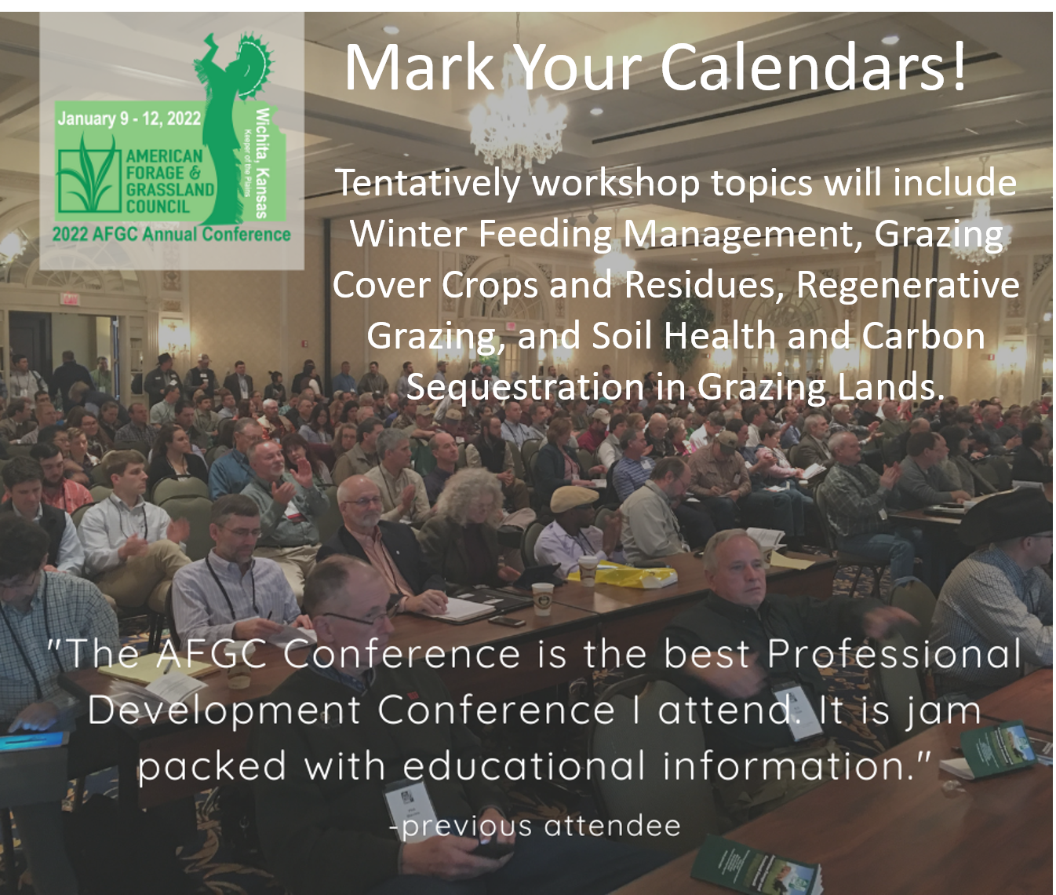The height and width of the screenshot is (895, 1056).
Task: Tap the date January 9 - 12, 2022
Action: [129, 119]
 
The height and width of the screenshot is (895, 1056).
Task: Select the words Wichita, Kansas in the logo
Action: [262, 163]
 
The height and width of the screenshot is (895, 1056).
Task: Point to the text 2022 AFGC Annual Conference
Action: [172, 235]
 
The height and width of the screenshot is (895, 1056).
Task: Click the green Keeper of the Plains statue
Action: [232, 128]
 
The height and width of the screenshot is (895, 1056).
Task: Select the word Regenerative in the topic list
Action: [908, 285]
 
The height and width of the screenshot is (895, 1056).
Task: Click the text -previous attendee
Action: [534, 827]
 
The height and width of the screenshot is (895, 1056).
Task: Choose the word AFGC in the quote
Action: [211, 654]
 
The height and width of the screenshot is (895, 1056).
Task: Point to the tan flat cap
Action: [573, 499]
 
